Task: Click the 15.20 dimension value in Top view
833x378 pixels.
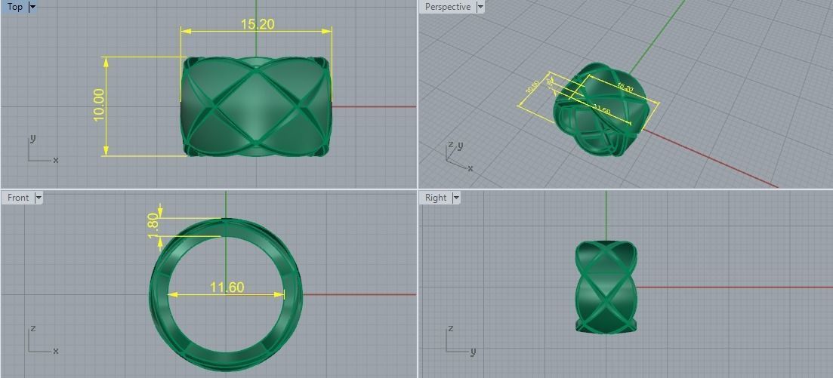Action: point(257,24)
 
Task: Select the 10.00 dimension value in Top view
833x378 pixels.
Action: point(99,105)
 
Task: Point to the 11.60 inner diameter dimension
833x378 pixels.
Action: point(227,287)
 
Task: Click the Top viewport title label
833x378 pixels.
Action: point(14,7)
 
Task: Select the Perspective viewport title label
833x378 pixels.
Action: point(447,7)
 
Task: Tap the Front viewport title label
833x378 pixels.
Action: point(18,198)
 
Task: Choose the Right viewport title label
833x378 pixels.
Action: point(436,198)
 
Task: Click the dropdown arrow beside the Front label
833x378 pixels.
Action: point(39,198)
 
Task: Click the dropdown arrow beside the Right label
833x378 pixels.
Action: point(456,198)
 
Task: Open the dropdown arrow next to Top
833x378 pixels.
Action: point(32,7)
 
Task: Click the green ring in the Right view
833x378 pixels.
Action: point(606,287)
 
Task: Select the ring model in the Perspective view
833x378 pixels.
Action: point(600,110)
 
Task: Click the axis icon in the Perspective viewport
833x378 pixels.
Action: point(457,155)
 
